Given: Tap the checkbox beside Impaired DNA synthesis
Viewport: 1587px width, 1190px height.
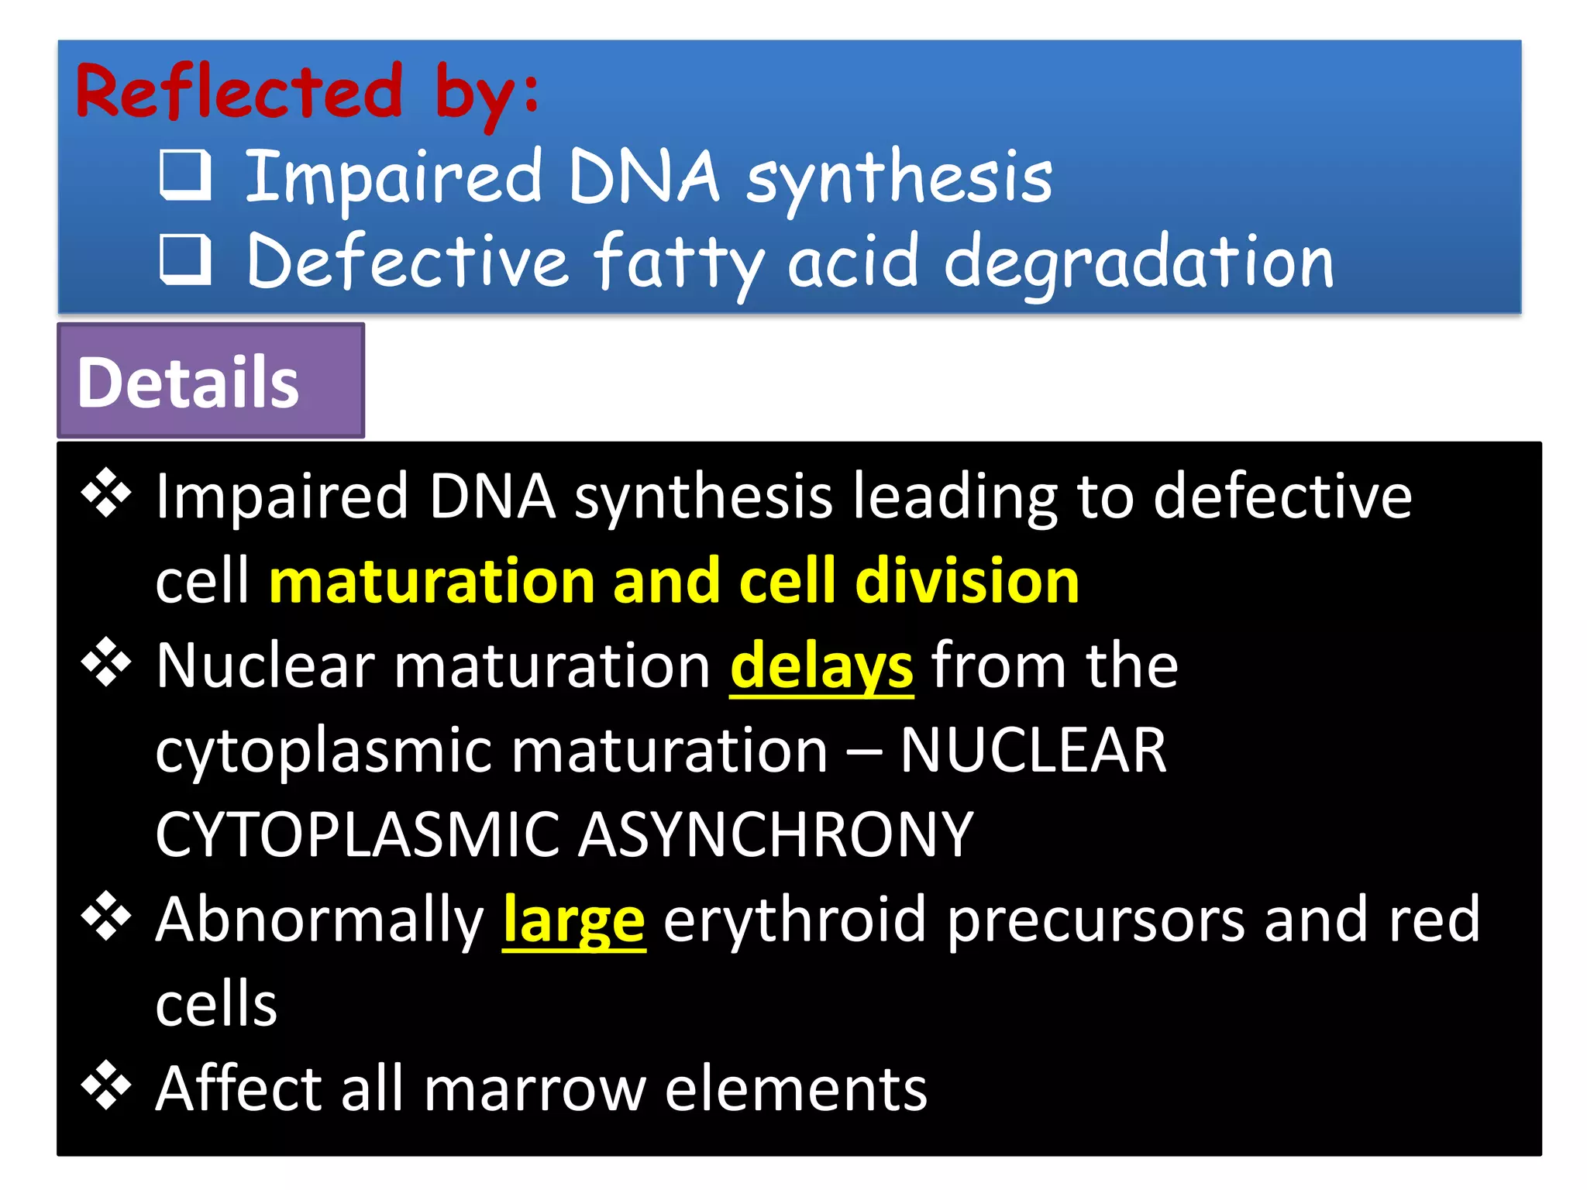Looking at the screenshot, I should click(185, 175).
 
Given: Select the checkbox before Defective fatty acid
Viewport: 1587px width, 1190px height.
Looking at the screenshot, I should click(185, 260).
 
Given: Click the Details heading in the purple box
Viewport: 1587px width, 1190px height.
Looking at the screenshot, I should click(188, 382).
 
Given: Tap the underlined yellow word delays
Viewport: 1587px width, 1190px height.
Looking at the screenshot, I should click(821, 666).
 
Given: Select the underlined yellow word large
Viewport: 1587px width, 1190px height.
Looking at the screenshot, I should click(573, 920).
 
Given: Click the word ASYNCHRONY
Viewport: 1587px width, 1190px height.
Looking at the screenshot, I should click(776, 834).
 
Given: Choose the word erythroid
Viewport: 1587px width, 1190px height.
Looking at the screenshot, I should click(794, 920).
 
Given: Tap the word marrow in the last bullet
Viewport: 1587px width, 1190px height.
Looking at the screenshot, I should click(535, 1089).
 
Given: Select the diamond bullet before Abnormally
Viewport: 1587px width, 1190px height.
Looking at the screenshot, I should click(106, 916).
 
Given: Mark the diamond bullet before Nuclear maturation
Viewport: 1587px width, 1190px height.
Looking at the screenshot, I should click(106, 662).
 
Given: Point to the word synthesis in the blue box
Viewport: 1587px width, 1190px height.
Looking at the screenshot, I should click(899, 178).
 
